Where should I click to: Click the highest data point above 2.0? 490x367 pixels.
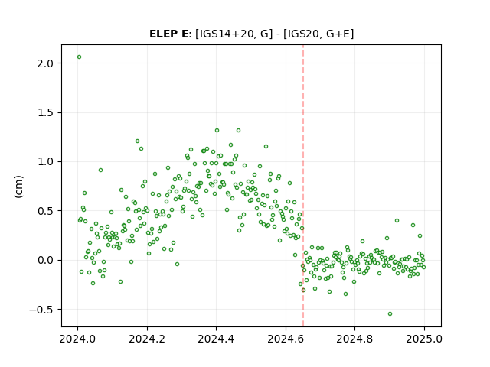pyautogui.click(x=79, y=57)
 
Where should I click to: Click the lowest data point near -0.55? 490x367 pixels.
pyautogui.click(x=390, y=314)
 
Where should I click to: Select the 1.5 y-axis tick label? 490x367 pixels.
pyautogui.click(x=46, y=112)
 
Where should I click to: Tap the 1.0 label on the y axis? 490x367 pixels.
pyautogui.click(x=46, y=162)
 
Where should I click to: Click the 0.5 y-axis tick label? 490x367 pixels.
pyautogui.click(x=46, y=211)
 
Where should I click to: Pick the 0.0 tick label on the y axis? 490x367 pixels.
pyautogui.click(x=46, y=260)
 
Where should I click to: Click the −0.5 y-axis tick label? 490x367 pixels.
pyautogui.click(x=42, y=310)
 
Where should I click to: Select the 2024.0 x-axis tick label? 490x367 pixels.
pyautogui.click(x=77, y=339)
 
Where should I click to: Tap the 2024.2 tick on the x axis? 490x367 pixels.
pyautogui.click(x=147, y=339)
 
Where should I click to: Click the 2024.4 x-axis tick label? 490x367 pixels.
pyautogui.click(x=216, y=339)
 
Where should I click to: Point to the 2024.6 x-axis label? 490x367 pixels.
pyautogui.click(x=286, y=339)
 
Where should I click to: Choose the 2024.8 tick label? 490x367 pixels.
pyautogui.click(x=354, y=339)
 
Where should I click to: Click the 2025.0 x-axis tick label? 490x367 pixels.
pyautogui.click(x=424, y=339)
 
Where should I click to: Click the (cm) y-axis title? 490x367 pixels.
pyautogui.click(x=18, y=187)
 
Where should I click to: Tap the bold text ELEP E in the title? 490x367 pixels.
pyautogui.click(x=168, y=34)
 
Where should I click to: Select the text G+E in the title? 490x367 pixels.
pyautogui.click(x=338, y=34)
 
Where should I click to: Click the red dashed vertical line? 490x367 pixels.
pyautogui.click(x=303, y=186)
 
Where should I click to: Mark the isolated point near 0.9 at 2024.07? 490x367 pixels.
pyautogui.click(x=100, y=170)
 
